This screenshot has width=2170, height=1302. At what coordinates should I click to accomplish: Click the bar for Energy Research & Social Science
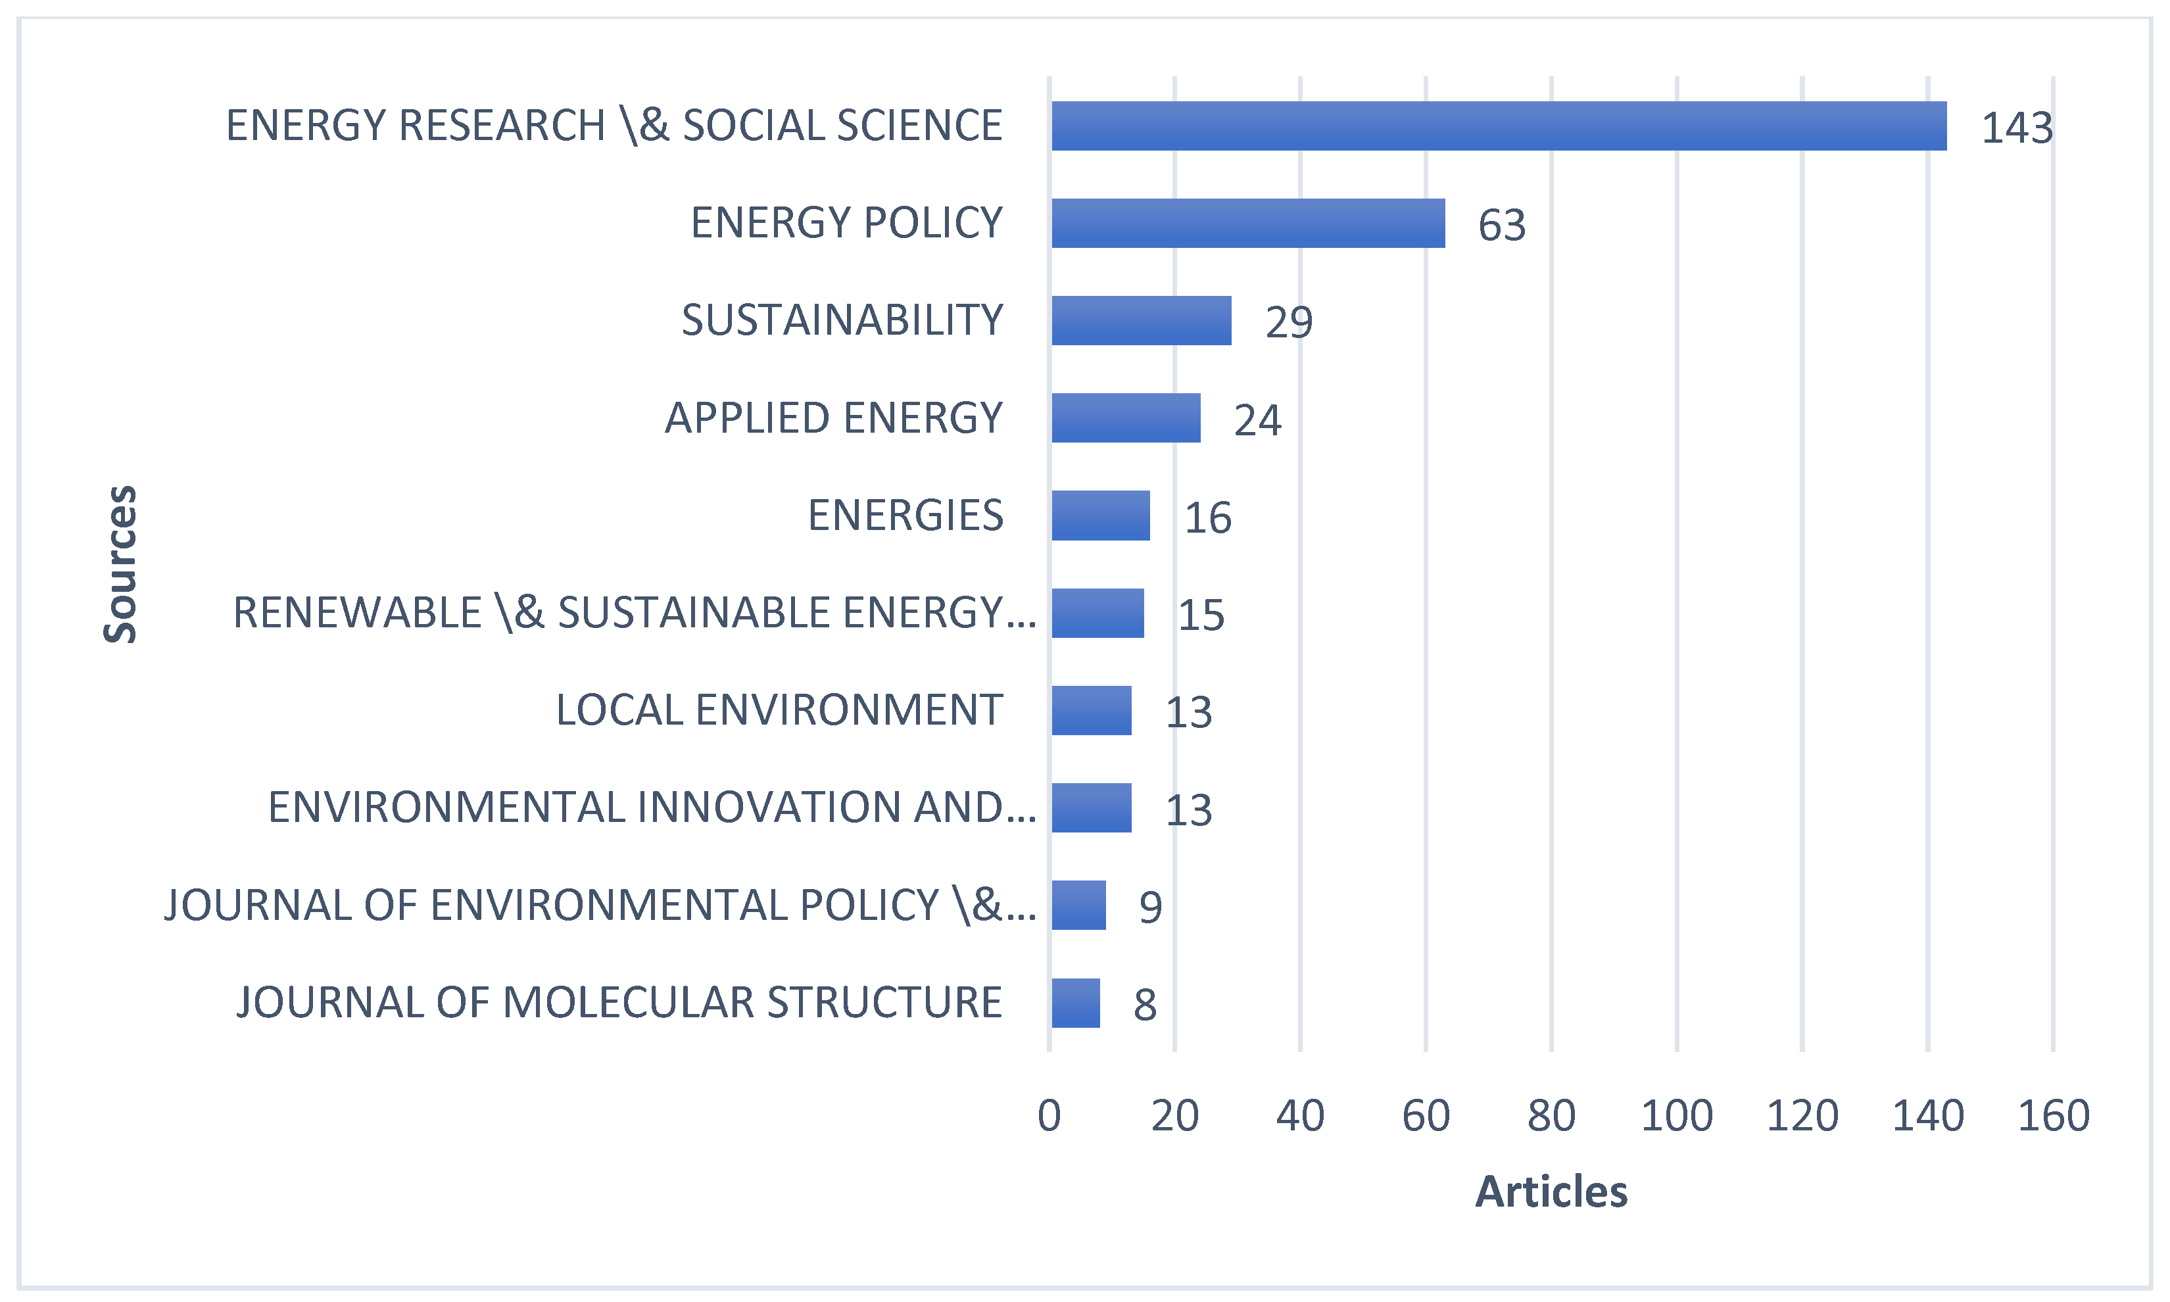pos(1498,126)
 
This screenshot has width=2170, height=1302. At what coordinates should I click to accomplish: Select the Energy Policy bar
pos(1247,223)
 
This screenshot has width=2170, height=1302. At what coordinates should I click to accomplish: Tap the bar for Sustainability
pos(1141,320)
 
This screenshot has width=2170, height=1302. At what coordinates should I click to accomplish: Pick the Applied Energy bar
pos(1125,418)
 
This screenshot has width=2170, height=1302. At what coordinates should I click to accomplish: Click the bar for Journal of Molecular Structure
pos(1075,1003)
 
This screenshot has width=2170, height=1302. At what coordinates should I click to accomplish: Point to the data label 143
pos(2017,128)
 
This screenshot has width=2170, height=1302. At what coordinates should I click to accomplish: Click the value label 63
pos(1502,226)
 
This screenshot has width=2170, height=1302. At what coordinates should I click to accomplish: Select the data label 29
pos(1288,322)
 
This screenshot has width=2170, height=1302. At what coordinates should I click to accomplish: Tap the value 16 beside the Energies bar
pos(1208,518)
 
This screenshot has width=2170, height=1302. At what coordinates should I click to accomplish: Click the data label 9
pos(1150,907)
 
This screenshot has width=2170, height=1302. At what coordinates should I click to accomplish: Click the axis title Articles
pos(1551,1192)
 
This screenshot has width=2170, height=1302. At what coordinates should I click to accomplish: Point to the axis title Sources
pos(120,564)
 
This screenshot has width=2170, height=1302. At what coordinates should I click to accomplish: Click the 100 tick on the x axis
pos(1676,1116)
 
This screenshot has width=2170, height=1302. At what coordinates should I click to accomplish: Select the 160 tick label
pos(2054,1116)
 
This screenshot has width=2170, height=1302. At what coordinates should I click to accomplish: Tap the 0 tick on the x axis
pos(1049,1116)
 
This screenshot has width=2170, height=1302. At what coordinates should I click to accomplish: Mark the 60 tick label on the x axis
pos(1426,1116)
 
